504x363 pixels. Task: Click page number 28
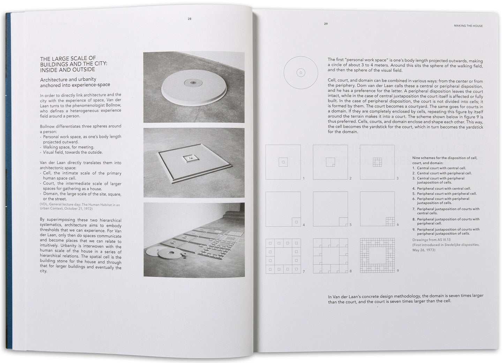tap(189, 19)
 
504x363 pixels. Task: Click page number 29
tap(326, 24)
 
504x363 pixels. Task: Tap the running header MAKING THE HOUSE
tap(468, 26)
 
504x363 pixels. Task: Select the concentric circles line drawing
tap(301, 73)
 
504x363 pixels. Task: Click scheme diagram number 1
tap(283, 162)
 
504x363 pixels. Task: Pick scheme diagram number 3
tap(377, 162)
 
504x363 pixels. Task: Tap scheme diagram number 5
tap(330, 209)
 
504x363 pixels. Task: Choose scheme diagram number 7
tap(283, 256)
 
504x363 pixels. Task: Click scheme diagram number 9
tap(377, 255)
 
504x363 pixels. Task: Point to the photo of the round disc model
tap(194, 87)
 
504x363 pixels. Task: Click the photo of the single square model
tap(194, 163)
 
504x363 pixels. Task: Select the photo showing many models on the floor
tap(194, 239)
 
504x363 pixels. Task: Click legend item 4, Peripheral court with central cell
tap(442, 188)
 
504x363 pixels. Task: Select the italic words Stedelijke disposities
tap(462, 245)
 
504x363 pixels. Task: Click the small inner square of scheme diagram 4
tap(296, 222)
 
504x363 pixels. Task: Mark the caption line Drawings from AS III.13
tap(431, 239)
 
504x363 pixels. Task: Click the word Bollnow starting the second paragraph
tap(47, 126)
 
